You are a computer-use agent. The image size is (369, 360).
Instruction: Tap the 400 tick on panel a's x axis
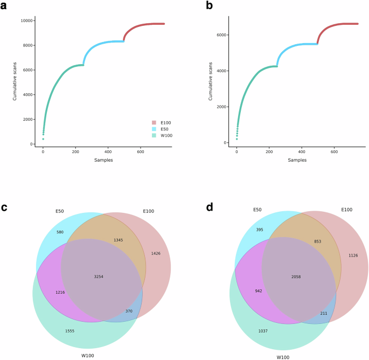108,152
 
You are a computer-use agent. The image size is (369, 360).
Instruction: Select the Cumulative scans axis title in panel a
15,81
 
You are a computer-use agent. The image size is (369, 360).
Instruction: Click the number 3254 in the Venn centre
99,276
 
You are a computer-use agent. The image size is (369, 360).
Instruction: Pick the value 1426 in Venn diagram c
156,253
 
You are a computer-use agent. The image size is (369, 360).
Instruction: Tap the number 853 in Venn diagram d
318,242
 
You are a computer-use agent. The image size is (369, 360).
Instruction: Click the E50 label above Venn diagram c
59,211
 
